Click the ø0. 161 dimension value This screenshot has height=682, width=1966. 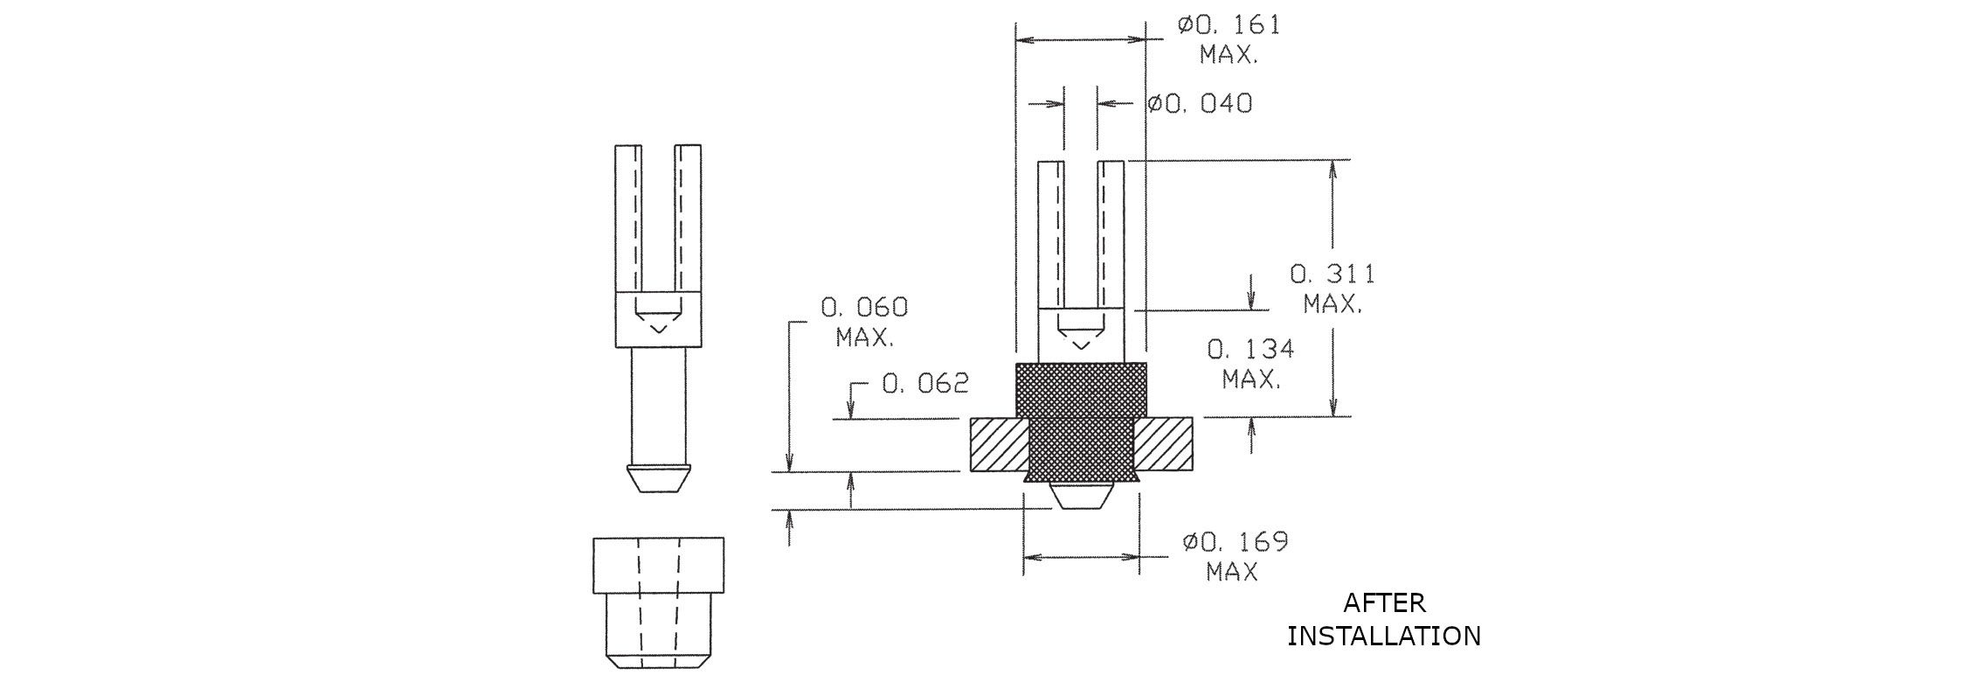(x=1228, y=24)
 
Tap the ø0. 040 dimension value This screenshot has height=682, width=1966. (x=1200, y=103)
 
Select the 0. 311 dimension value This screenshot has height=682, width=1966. (x=1333, y=274)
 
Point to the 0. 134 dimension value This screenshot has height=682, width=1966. (x=1251, y=350)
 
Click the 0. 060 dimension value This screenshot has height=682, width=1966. (x=864, y=307)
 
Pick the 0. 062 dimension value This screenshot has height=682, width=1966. (x=925, y=383)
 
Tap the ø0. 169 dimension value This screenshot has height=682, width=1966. (x=1235, y=542)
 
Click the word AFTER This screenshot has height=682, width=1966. (x=1384, y=603)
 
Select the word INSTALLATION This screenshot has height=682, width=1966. (x=1384, y=636)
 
